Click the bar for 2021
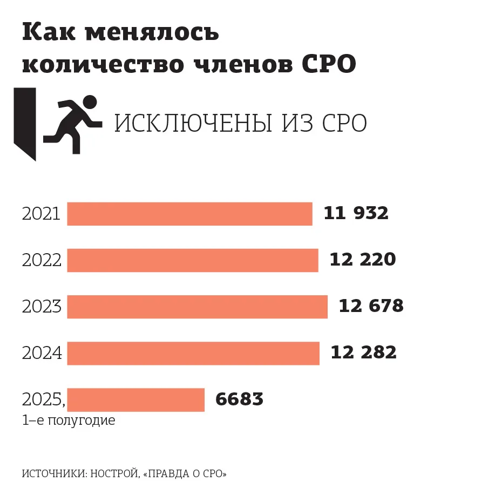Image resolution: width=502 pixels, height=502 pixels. pyautogui.click(x=189, y=214)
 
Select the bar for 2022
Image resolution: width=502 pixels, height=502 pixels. pyautogui.click(x=193, y=260)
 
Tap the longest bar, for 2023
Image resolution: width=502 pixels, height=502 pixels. pyautogui.click(x=197, y=307)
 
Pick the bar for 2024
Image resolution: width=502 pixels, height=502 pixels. pyautogui.click(x=193, y=353)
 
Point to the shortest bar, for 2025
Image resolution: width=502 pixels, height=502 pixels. pyautogui.click(x=135, y=399)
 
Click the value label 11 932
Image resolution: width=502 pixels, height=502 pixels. pyautogui.click(x=356, y=214)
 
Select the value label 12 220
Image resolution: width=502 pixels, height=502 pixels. pyautogui.click(x=362, y=260)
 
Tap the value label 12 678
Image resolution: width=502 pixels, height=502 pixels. pyautogui.click(x=371, y=307)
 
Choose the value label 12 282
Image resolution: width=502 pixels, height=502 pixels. pyautogui.click(x=363, y=353)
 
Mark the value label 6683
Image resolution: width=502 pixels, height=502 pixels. pyautogui.click(x=239, y=399)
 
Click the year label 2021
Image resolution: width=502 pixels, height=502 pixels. pyautogui.click(x=41, y=214)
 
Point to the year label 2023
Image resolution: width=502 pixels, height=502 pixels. pyautogui.click(x=42, y=307)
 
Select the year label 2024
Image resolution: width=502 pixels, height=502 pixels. pyautogui.click(x=42, y=354)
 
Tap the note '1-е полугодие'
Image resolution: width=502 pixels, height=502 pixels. pyautogui.click(x=69, y=420)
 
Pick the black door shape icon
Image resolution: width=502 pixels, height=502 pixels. pyautogui.click(x=25, y=123)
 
